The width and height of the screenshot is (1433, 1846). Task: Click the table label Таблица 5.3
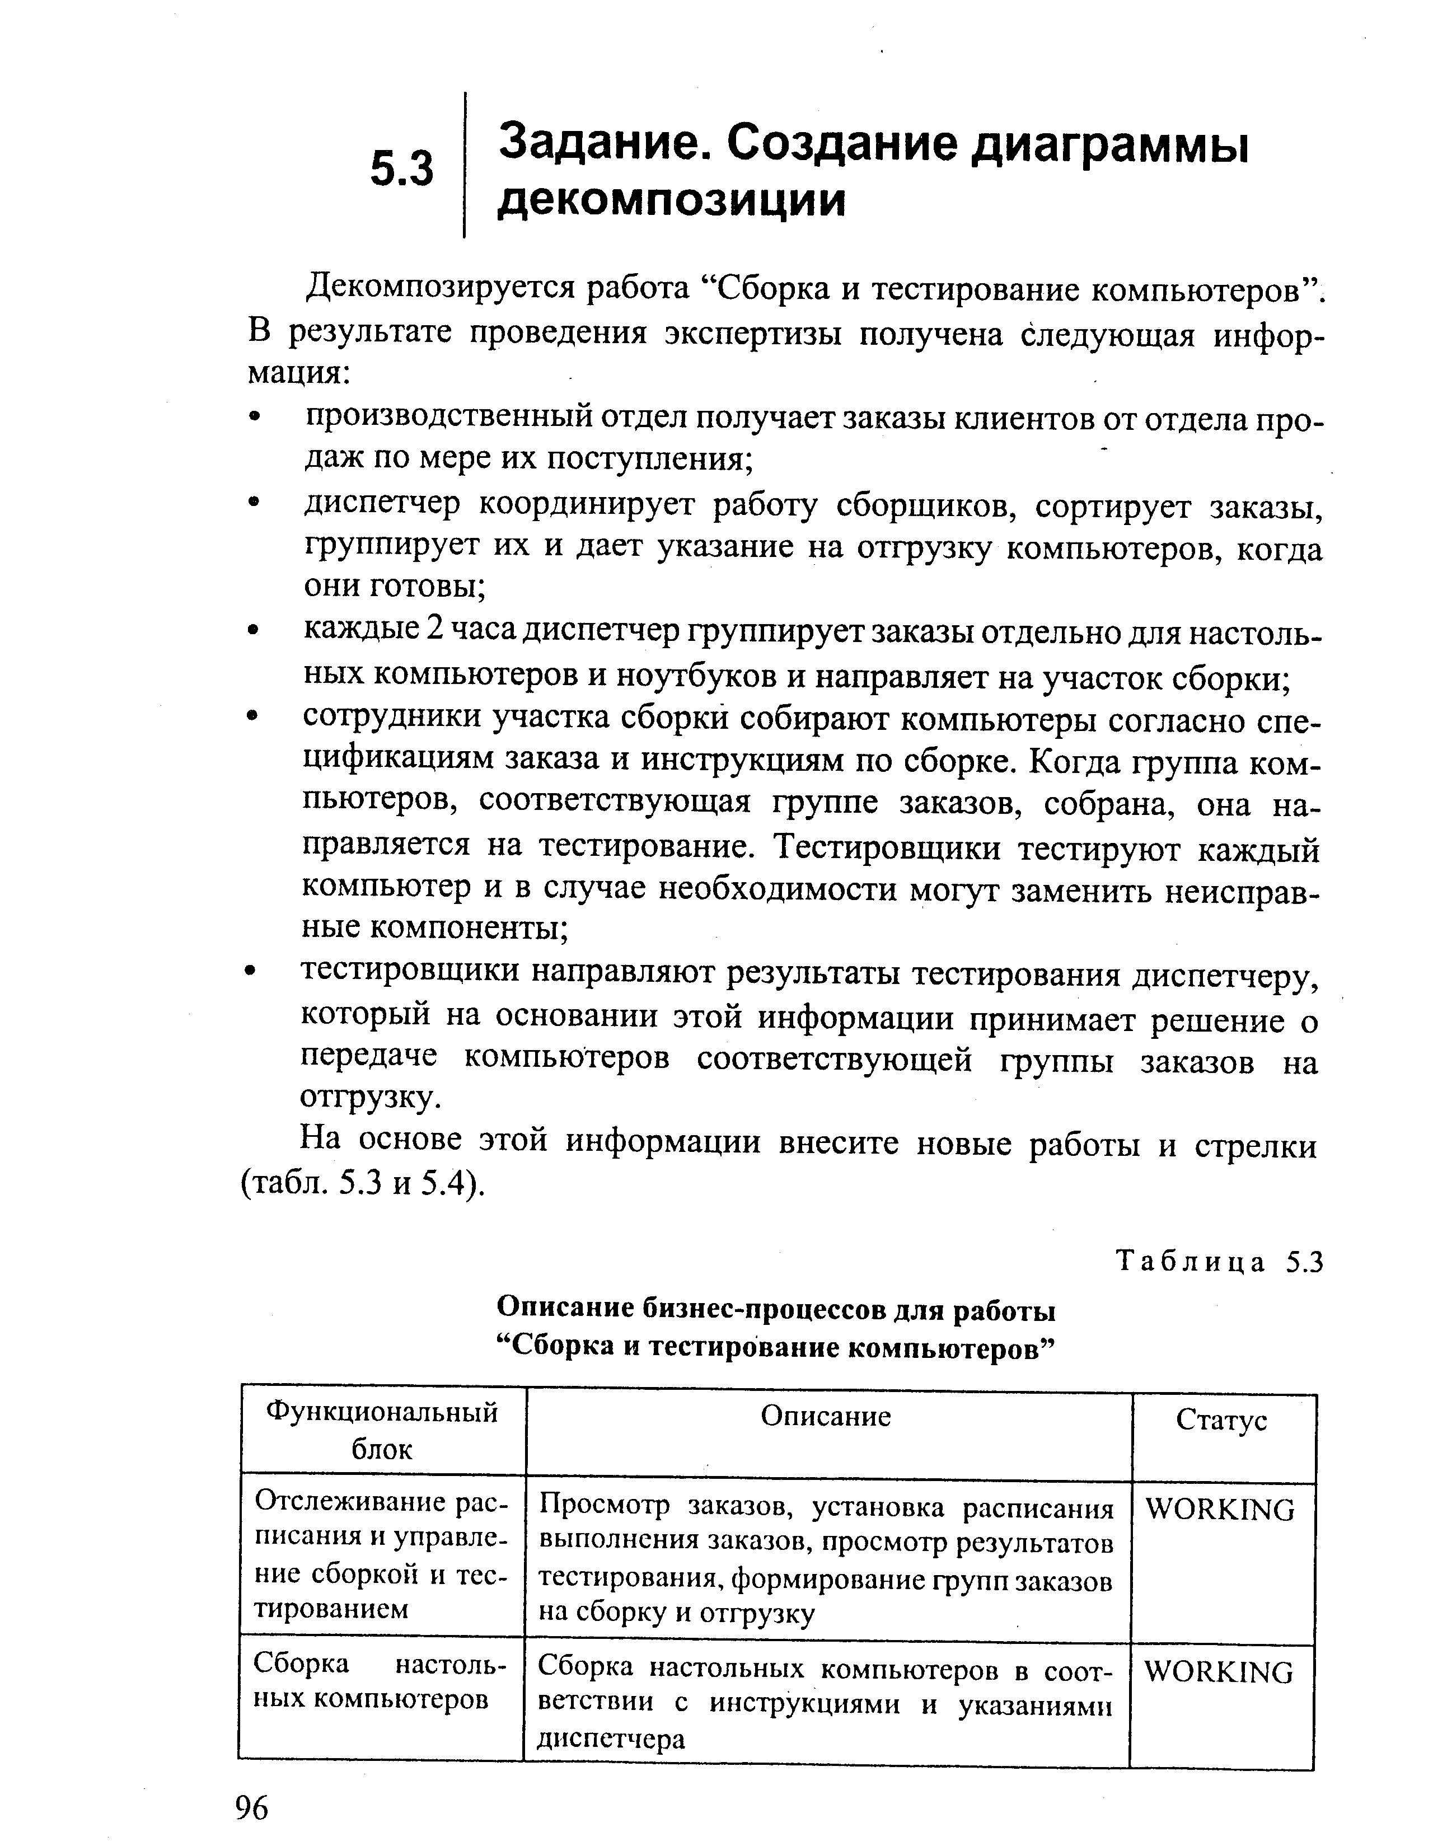pyautogui.click(x=1218, y=1262)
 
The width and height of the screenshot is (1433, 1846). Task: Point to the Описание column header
pyautogui.click(x=826, y=1416)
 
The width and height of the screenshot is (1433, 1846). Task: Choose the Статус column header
pyautogui.click(x=1221, y=1420)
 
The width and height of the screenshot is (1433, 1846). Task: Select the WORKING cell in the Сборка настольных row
pyautogui.click(x=1218, y=1672)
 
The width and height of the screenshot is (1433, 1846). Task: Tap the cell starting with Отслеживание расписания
pyautogui.click(x=381, y=1555)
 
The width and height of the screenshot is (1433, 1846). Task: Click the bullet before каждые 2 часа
pyautogui.click(x=253, y=631)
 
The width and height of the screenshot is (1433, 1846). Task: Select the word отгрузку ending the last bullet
pyautogui.click(x=369, y=1097)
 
